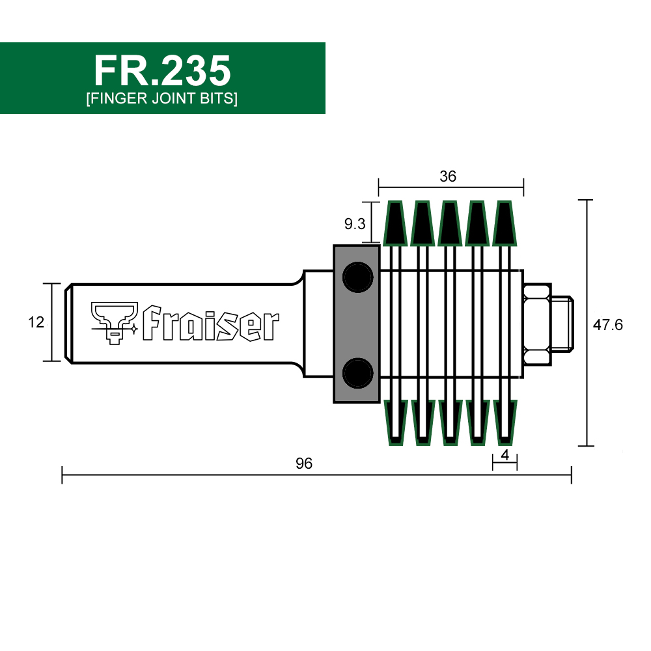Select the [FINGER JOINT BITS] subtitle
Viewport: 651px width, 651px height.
[x=162, y=100]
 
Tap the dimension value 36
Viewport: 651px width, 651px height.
[x=448, y=176]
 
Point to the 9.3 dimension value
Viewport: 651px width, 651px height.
[x=355, y=225]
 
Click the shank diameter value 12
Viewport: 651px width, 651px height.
[x=36, y=322]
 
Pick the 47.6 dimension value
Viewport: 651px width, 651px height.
[x=607, y=325]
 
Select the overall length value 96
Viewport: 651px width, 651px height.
[x=304, y=464]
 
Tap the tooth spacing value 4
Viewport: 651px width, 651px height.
[x=505, y=455]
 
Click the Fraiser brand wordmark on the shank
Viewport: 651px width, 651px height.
[x=210, y=324]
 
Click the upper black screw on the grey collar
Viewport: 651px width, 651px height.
[x=357, y=277]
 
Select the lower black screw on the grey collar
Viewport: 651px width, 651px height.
[x=357, y=373]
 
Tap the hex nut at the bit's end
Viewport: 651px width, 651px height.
[x=538, y=324]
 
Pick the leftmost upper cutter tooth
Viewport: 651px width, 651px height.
[x=395, y=223]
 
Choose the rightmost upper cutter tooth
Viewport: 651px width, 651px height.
[x=504, y=223]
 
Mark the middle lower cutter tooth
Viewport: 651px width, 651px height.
[x=449, y=422]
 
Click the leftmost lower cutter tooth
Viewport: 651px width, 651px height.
[x=395, y=422]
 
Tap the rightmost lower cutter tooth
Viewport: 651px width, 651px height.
[x=504, y=422]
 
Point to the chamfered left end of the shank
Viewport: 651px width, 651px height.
[x=69, y=322]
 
